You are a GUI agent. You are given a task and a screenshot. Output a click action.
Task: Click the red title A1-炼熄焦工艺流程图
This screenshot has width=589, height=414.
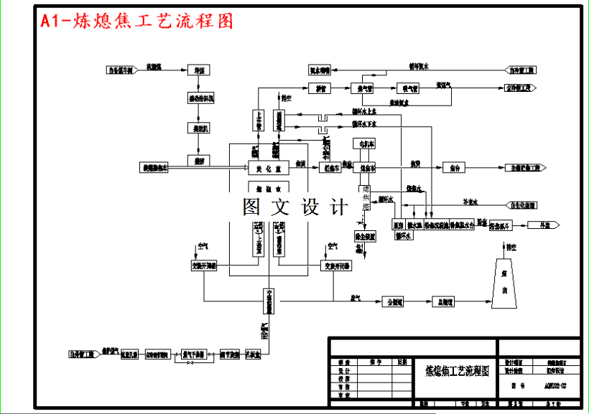click(137, 22)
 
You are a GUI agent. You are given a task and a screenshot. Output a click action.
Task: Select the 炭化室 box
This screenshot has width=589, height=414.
click(269, 169)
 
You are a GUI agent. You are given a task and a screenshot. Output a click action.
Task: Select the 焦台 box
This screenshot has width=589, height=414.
click(455, 168)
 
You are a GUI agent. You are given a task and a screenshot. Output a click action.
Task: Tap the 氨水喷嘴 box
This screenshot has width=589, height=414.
click(320, 70)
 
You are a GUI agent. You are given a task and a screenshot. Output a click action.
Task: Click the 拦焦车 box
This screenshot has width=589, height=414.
click(330, 168)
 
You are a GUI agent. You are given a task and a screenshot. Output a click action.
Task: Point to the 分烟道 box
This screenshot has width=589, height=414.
click(391, 302)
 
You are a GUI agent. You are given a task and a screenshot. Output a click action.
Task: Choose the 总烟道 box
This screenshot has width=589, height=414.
click(442, 302)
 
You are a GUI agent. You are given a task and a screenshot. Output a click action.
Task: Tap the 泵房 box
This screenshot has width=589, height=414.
click(399, 225)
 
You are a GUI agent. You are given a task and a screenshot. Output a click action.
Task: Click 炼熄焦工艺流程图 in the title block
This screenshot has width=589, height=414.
click(458, 370)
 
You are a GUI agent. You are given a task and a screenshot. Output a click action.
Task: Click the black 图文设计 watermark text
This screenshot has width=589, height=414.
click(294, 208)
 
